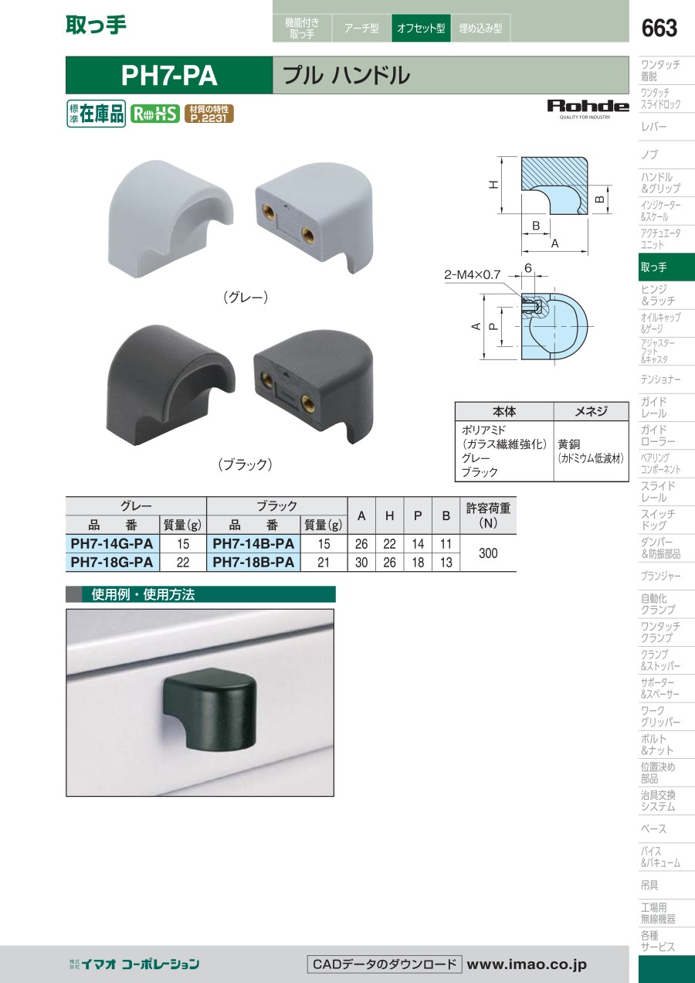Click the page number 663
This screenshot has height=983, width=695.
click(659, 28)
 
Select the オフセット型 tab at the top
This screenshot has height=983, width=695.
click(421, 28)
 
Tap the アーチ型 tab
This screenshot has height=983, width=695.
click(361, 28)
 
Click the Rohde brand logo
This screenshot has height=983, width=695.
click(588, 109)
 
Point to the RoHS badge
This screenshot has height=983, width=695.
click(155, 114)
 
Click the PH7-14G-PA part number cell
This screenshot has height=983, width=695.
click(112, 544)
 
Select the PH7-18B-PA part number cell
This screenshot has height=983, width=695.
click(253, 562)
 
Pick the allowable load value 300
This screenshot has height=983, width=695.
click(488, 553)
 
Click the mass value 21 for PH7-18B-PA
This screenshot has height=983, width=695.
click(324, 562)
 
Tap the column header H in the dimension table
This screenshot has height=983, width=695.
click(389, 515)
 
